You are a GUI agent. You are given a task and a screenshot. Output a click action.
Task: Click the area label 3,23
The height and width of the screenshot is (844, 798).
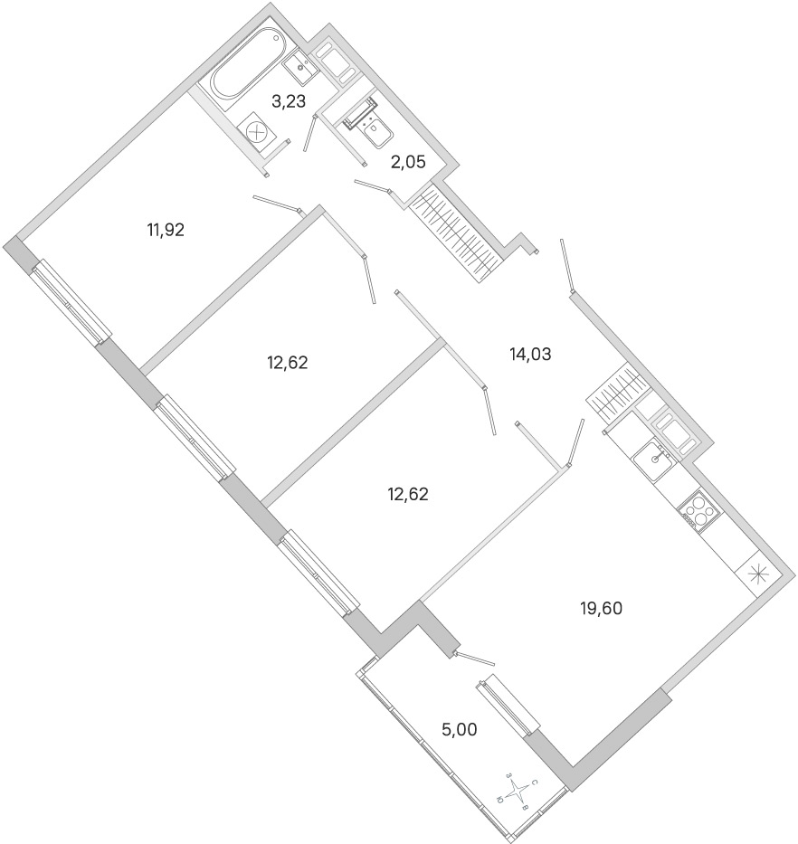tap(289, 101)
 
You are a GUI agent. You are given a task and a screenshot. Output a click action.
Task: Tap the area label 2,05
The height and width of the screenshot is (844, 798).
tap(408, 162)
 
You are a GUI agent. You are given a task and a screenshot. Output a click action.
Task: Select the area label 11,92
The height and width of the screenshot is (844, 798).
tap(166, 231)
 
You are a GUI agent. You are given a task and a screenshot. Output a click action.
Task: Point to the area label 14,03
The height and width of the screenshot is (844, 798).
tap(531, 355)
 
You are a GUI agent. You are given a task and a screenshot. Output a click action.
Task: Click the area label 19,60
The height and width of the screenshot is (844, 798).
tap(601, 608)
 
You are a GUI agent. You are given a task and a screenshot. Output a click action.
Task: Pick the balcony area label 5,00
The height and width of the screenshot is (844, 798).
tap(460, 730)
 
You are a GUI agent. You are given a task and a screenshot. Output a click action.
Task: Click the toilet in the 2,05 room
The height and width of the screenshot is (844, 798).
tap(372, 125)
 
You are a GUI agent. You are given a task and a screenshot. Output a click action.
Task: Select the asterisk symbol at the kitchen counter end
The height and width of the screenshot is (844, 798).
tap(757, 574)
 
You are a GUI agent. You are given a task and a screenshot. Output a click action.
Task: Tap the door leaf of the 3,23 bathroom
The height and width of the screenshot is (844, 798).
tap(309, 132)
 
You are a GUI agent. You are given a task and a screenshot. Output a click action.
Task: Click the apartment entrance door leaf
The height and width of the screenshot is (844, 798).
tap(566, 266)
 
